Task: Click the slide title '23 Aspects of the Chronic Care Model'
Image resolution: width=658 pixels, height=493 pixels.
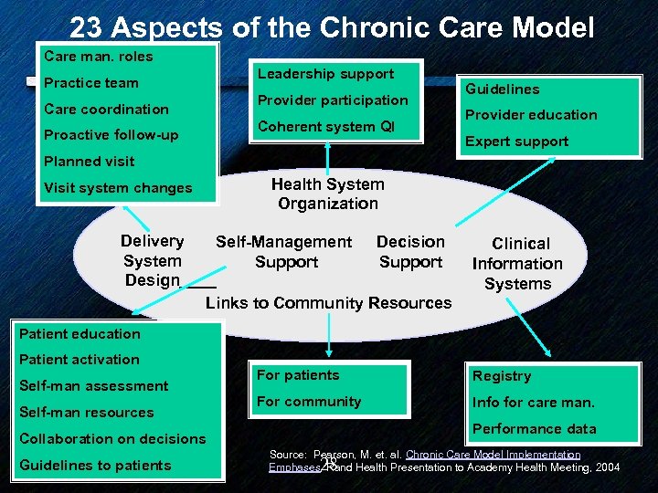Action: (332, 27)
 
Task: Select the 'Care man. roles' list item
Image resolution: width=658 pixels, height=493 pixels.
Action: (99, 57)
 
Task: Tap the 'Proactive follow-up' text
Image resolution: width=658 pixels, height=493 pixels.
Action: (111, 135)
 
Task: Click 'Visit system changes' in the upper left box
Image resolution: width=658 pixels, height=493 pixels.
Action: (119, 188)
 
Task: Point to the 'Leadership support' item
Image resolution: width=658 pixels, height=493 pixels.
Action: (325, 74)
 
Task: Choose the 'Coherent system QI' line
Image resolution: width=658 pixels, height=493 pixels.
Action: (326, 127)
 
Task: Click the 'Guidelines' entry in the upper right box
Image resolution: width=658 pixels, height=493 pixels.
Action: (503, 89)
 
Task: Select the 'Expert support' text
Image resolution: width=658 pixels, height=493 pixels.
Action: (517, 142)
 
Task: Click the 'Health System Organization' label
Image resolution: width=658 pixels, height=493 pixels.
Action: (328, 194)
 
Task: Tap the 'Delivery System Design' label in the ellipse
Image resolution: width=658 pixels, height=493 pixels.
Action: (153, 261)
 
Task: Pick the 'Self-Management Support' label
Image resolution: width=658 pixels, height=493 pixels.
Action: (283, 252)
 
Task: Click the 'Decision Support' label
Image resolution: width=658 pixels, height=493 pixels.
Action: (410, 252)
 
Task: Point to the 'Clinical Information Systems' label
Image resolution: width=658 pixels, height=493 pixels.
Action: (518, 264)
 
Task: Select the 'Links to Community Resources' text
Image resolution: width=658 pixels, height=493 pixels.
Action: (329, 303)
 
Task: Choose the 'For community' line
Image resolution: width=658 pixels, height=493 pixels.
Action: (309, 402)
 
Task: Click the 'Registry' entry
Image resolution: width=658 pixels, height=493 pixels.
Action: (502, 376)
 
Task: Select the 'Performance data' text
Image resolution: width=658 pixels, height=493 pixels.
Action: (535, 429)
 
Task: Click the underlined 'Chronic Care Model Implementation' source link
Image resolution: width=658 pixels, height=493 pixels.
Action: (493, 455)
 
